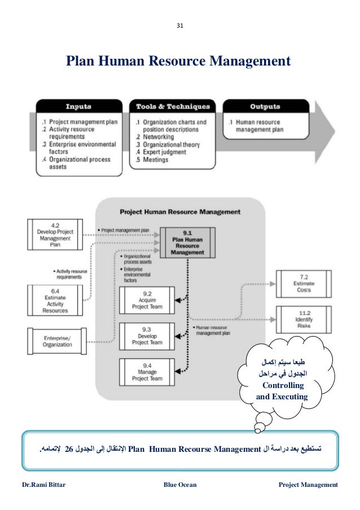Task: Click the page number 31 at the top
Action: point(180,25)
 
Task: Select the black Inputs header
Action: point(79,107)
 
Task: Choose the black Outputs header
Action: point(265,107)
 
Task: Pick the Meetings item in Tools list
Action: point(155,160)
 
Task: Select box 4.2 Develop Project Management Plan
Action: point(55,234)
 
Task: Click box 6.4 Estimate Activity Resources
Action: point(55,299)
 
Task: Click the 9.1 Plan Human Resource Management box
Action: point(186,243)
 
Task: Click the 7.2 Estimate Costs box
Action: point(304,284)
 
